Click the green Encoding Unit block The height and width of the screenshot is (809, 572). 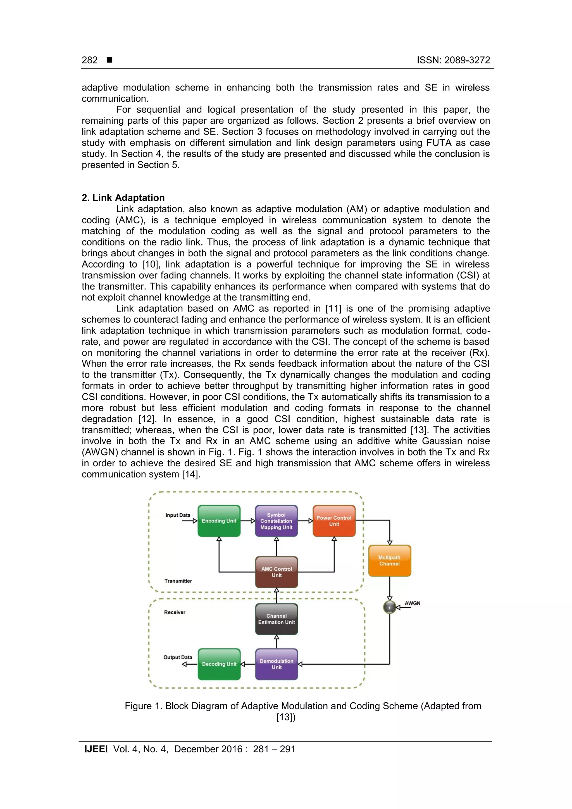point(219,521)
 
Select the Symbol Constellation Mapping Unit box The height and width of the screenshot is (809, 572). point(276,521)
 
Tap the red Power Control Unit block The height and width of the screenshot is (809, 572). point(334,521)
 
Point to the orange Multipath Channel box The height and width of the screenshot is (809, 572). point(389,560)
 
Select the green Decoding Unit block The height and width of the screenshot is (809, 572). point(219,664)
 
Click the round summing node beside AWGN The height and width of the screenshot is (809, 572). point(389,607)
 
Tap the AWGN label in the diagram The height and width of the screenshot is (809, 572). point(412,603)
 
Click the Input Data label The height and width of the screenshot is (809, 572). point(178,515)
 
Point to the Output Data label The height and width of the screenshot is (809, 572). point(178,657)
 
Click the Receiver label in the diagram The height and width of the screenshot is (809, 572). point(175,612)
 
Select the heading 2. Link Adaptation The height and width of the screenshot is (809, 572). point(123,198)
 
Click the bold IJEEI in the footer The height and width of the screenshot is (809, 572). point(96,749)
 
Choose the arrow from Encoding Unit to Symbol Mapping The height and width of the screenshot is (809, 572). point(248,521)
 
